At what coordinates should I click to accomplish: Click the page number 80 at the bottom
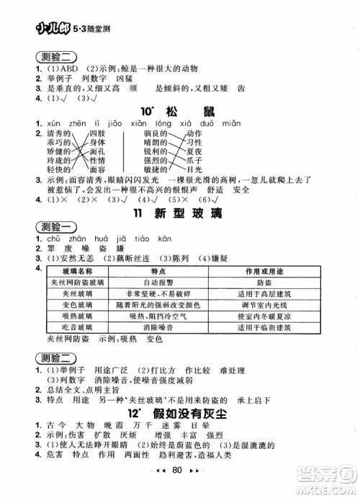[180, 483]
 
